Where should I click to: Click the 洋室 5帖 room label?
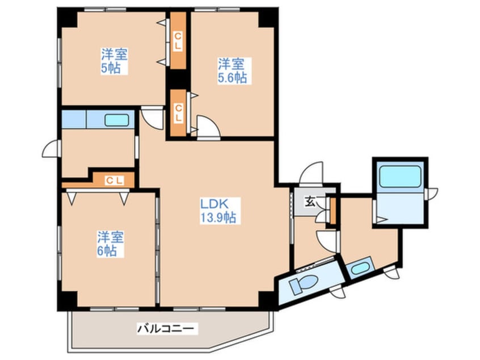click(x=113, y=61)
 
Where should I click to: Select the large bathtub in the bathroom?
click(x=400, y=176)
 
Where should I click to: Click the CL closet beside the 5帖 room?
click(x=178, y=41)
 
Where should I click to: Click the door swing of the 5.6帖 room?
click(x=205, y=126)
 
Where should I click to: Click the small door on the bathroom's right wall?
click(x=433, y=192)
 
